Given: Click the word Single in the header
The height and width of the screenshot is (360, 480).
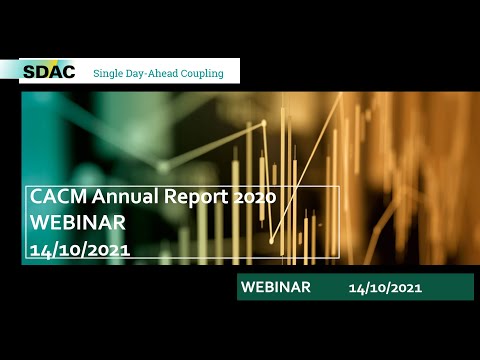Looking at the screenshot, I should pos(109,73).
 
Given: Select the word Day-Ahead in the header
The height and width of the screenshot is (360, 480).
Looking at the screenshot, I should pos(156,73).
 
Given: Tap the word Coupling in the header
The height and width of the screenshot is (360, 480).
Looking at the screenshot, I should pos(205,73).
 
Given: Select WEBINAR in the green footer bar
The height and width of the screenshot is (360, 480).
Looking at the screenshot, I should pos(275,287).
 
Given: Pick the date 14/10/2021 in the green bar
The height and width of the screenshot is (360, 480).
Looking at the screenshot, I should pos(385,288).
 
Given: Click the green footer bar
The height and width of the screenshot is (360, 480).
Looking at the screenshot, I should pos(355,287).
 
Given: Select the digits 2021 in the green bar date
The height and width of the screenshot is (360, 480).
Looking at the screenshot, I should pos(405,288).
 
